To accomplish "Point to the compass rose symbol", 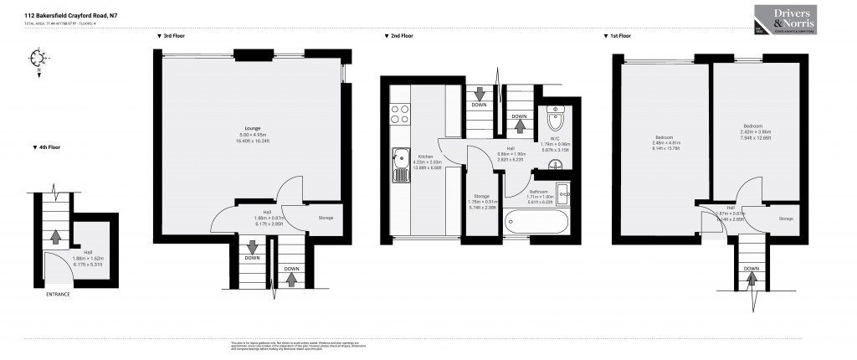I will (x=36, y=58).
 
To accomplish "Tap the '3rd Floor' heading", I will (x=173, y=36).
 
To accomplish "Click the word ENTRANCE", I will (x=57, y=295).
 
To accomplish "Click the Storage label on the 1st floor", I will (x=785, y=219).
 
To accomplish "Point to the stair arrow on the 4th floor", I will (x=55, y=237).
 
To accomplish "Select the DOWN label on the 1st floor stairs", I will (x=752, y=268).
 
